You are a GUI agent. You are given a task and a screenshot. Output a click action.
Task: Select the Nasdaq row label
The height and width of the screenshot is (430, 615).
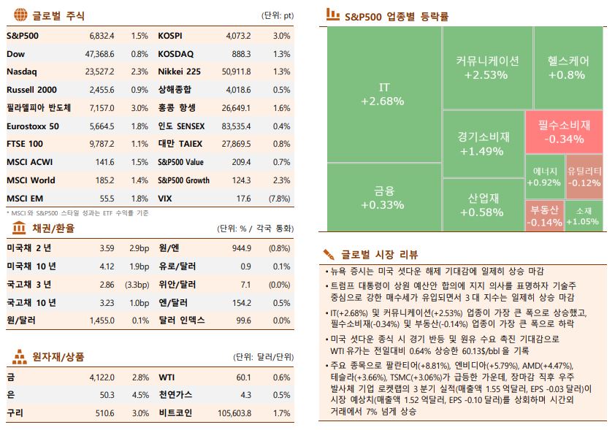[21, 72]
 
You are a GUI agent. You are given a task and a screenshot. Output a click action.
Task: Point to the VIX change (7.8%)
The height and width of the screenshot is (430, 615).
[279, 199]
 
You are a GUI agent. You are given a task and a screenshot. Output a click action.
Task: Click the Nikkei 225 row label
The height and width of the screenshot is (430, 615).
[179, 72]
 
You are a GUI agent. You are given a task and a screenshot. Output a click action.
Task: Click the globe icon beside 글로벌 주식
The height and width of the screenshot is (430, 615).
[20, 14]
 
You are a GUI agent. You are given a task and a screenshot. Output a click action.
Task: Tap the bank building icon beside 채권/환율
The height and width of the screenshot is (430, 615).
[20, 228]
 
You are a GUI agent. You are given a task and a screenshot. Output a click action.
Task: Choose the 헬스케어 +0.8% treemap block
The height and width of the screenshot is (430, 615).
[567, 68]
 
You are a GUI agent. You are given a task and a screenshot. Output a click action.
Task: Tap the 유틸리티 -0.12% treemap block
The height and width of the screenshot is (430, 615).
[584, 177]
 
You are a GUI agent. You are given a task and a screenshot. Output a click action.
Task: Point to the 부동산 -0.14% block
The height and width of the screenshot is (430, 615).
[544, 216]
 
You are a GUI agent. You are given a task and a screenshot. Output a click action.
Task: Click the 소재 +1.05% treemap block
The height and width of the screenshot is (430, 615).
[584, 216]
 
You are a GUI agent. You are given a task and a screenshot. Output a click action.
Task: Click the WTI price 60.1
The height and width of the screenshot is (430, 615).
[243, 377]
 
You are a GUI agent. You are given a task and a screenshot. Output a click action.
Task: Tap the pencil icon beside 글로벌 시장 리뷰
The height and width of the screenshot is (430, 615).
[329, 254]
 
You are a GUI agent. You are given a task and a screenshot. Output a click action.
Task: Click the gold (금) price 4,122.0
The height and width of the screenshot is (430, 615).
[101, 377]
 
